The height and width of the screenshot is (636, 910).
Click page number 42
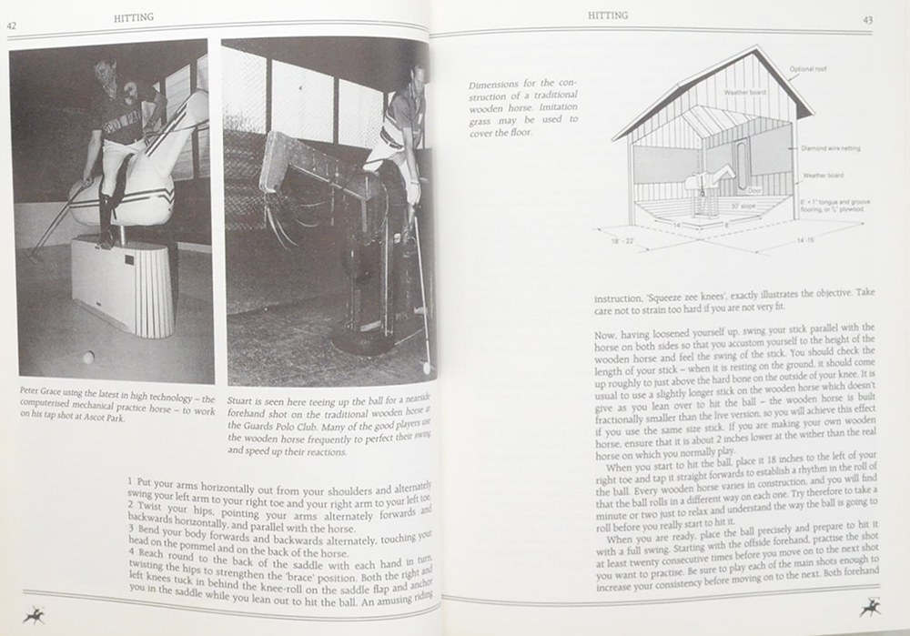pyautogui.click(x=14, y=26)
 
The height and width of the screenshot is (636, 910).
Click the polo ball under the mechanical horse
pyautogui.click(x=88, y=358)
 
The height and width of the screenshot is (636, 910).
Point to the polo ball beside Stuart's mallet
pyautogui.click(x=427, y=368)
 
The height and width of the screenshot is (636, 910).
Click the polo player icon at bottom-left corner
pyautogui.click(x=35, y=615)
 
